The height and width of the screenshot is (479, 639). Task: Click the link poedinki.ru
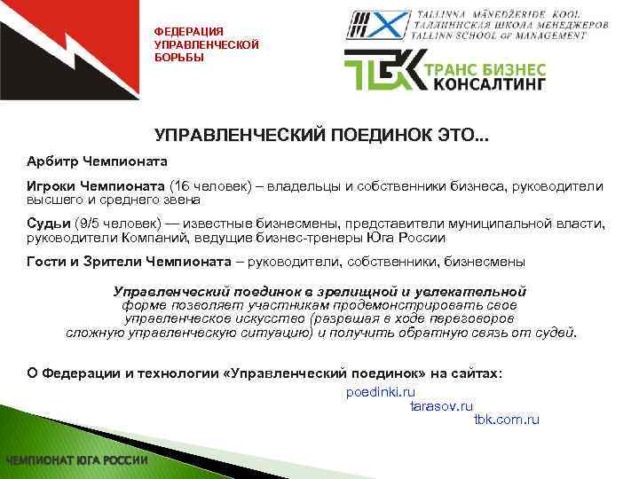click(381, 391)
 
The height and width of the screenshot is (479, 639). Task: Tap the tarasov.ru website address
click(441, 405)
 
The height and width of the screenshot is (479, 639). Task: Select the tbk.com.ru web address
click(507, 420)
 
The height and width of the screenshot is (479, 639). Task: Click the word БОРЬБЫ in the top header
click(179, 58)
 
